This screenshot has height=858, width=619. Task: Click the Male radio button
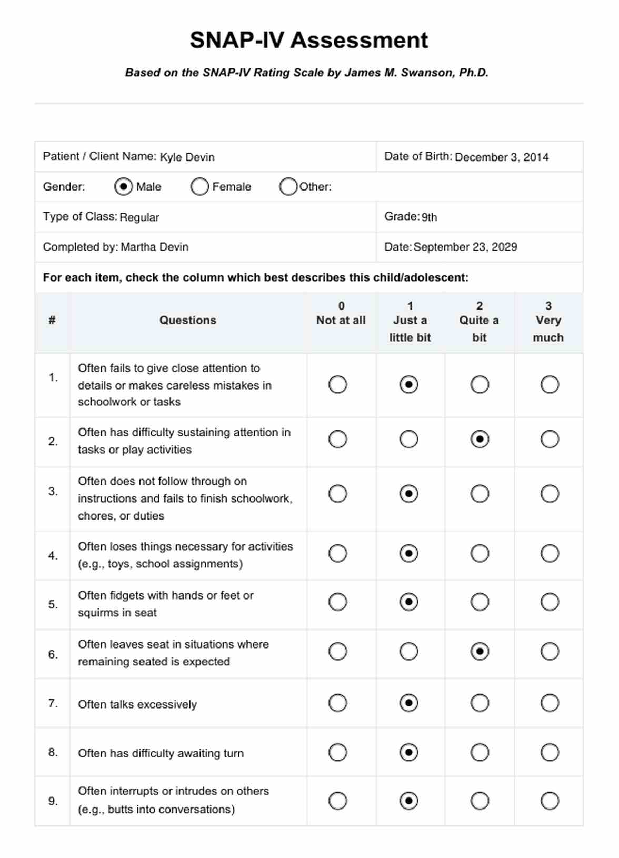pos(123,186)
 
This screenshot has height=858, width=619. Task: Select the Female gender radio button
pos(199,186)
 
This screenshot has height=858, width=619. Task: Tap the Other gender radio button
pos(288,186)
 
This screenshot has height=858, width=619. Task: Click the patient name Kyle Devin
pos(187,157)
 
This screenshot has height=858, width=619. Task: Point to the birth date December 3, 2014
pos(502,157)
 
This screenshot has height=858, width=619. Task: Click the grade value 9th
pos(429,217)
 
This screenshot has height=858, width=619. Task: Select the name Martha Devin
pos(154,247)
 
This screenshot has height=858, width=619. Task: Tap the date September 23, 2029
pos(465,247)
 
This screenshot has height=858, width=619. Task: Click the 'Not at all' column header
pos(341,320)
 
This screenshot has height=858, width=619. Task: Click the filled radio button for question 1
pos(408,385)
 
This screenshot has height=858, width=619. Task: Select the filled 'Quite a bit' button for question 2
pos(480,439)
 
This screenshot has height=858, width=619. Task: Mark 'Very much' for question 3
pos(550,494)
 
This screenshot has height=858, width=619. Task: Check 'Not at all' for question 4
pos(337,553)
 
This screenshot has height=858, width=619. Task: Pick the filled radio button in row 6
pos(480,652)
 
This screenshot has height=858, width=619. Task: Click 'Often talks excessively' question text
pos(137,704)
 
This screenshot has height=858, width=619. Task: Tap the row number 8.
pos(53,752)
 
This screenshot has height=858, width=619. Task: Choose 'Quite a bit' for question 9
pos(480,801)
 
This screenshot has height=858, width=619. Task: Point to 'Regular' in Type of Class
pos(139,217)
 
